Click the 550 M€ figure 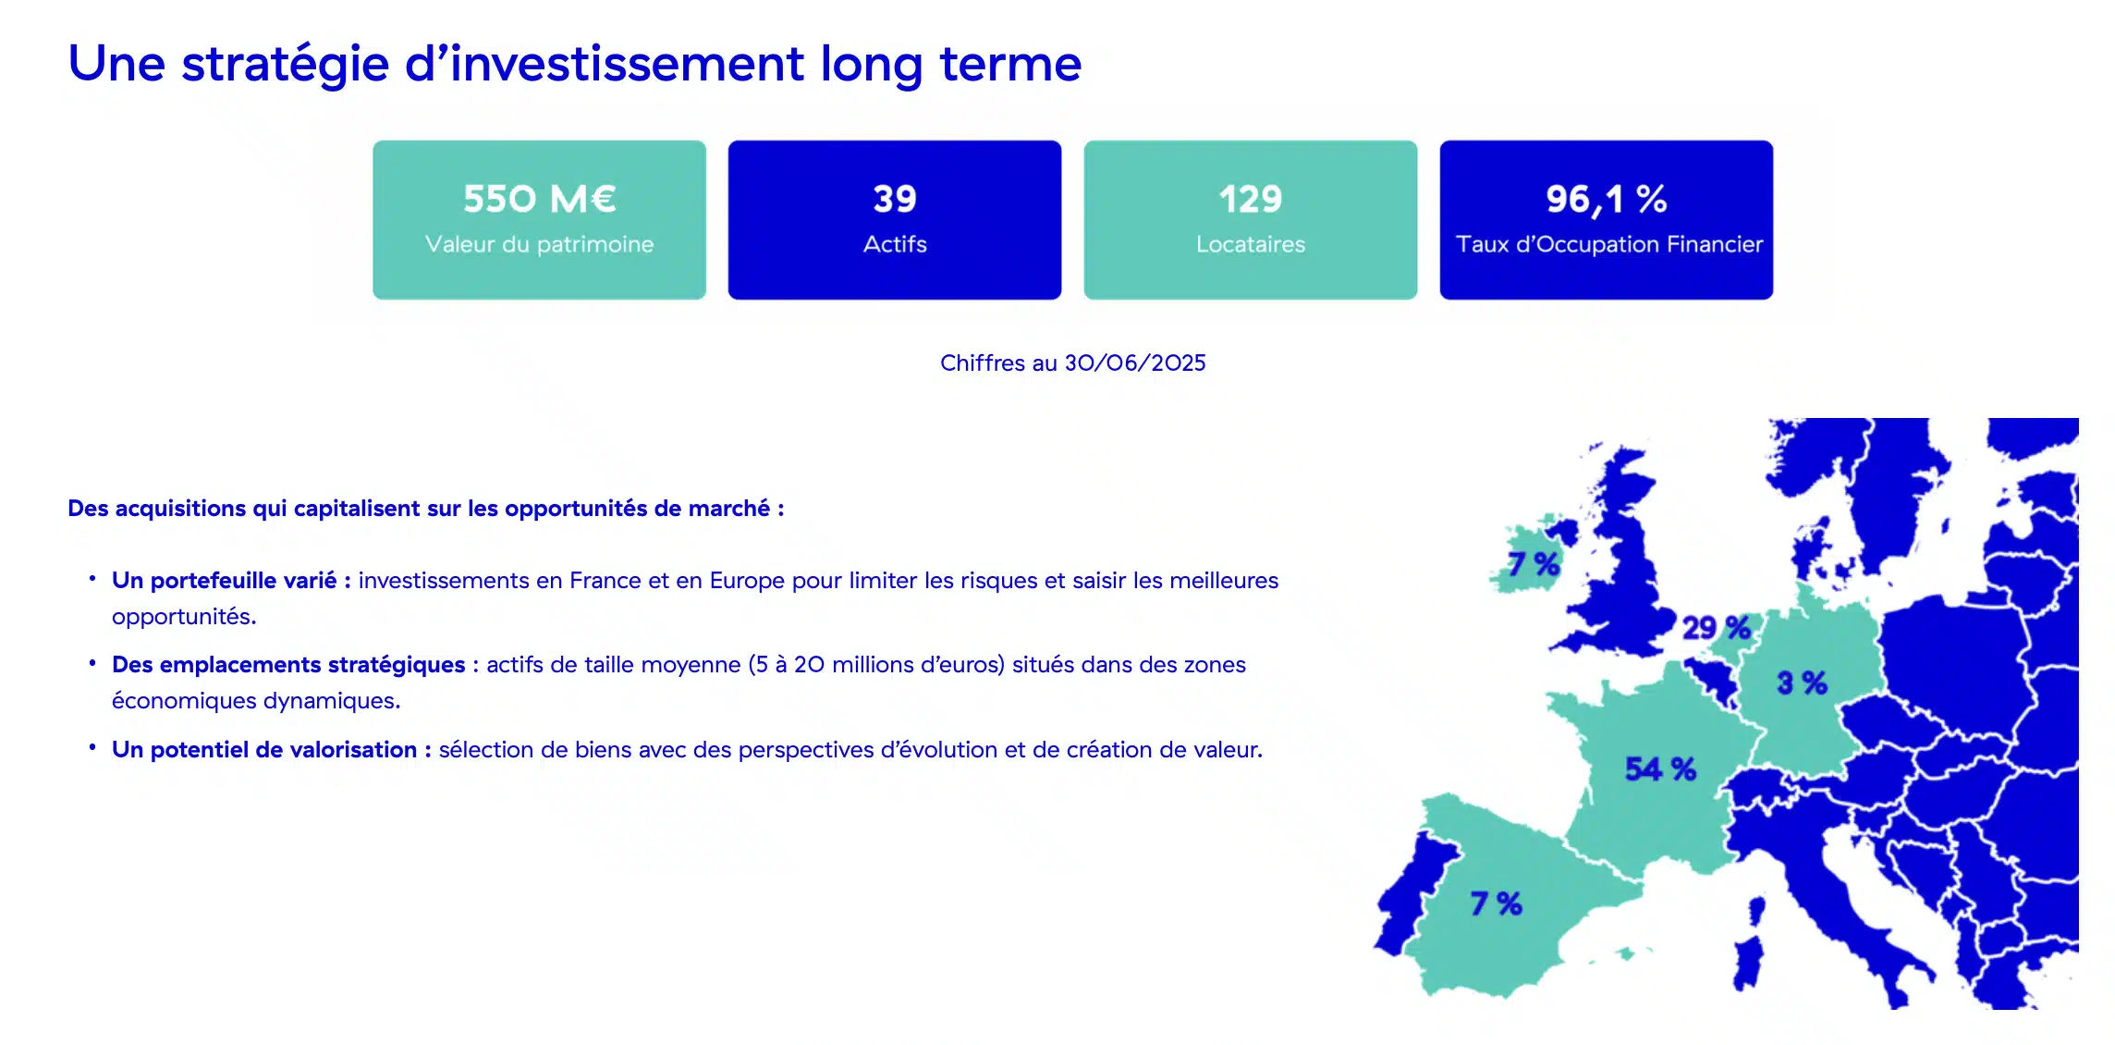(x=539, y=199)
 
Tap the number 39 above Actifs (x=895, y=199)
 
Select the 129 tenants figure (x=1250, y=199)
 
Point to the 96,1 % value (x=1607, y=200)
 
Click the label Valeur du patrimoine (x=539, y=244)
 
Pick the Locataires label (x=1250, y=244)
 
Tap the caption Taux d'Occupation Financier (x=1608, y=244)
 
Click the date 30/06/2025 (x=1135, y=363)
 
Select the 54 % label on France (x=1660, y=768)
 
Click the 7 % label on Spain (x=1496, y=903)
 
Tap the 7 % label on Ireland (x=1534, y=563)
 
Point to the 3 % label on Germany (x=1802, y=683)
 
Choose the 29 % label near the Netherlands (x=1717, y=628)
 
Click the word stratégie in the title (x=286, y=65)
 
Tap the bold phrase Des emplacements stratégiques (x=288, y=664)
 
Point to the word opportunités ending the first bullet (x=184, y=617)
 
